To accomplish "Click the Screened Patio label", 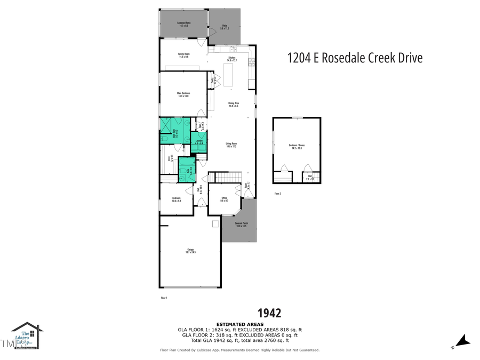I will tap(183, 23).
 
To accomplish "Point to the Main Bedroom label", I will tap(183, 94).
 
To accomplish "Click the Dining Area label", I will tap(233, 105).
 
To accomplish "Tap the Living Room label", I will tap(231, 145).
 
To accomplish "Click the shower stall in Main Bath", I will tap(166, 125).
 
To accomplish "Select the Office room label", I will tap(225, 199).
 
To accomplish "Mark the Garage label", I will tap(190, 251).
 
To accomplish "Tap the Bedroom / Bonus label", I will tap(297, 147).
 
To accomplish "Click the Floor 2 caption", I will tap(277, 194).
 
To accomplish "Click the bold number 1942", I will tap(269, 313).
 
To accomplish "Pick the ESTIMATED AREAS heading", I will tap(239, 324).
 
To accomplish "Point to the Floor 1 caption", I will tap(164, 297).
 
